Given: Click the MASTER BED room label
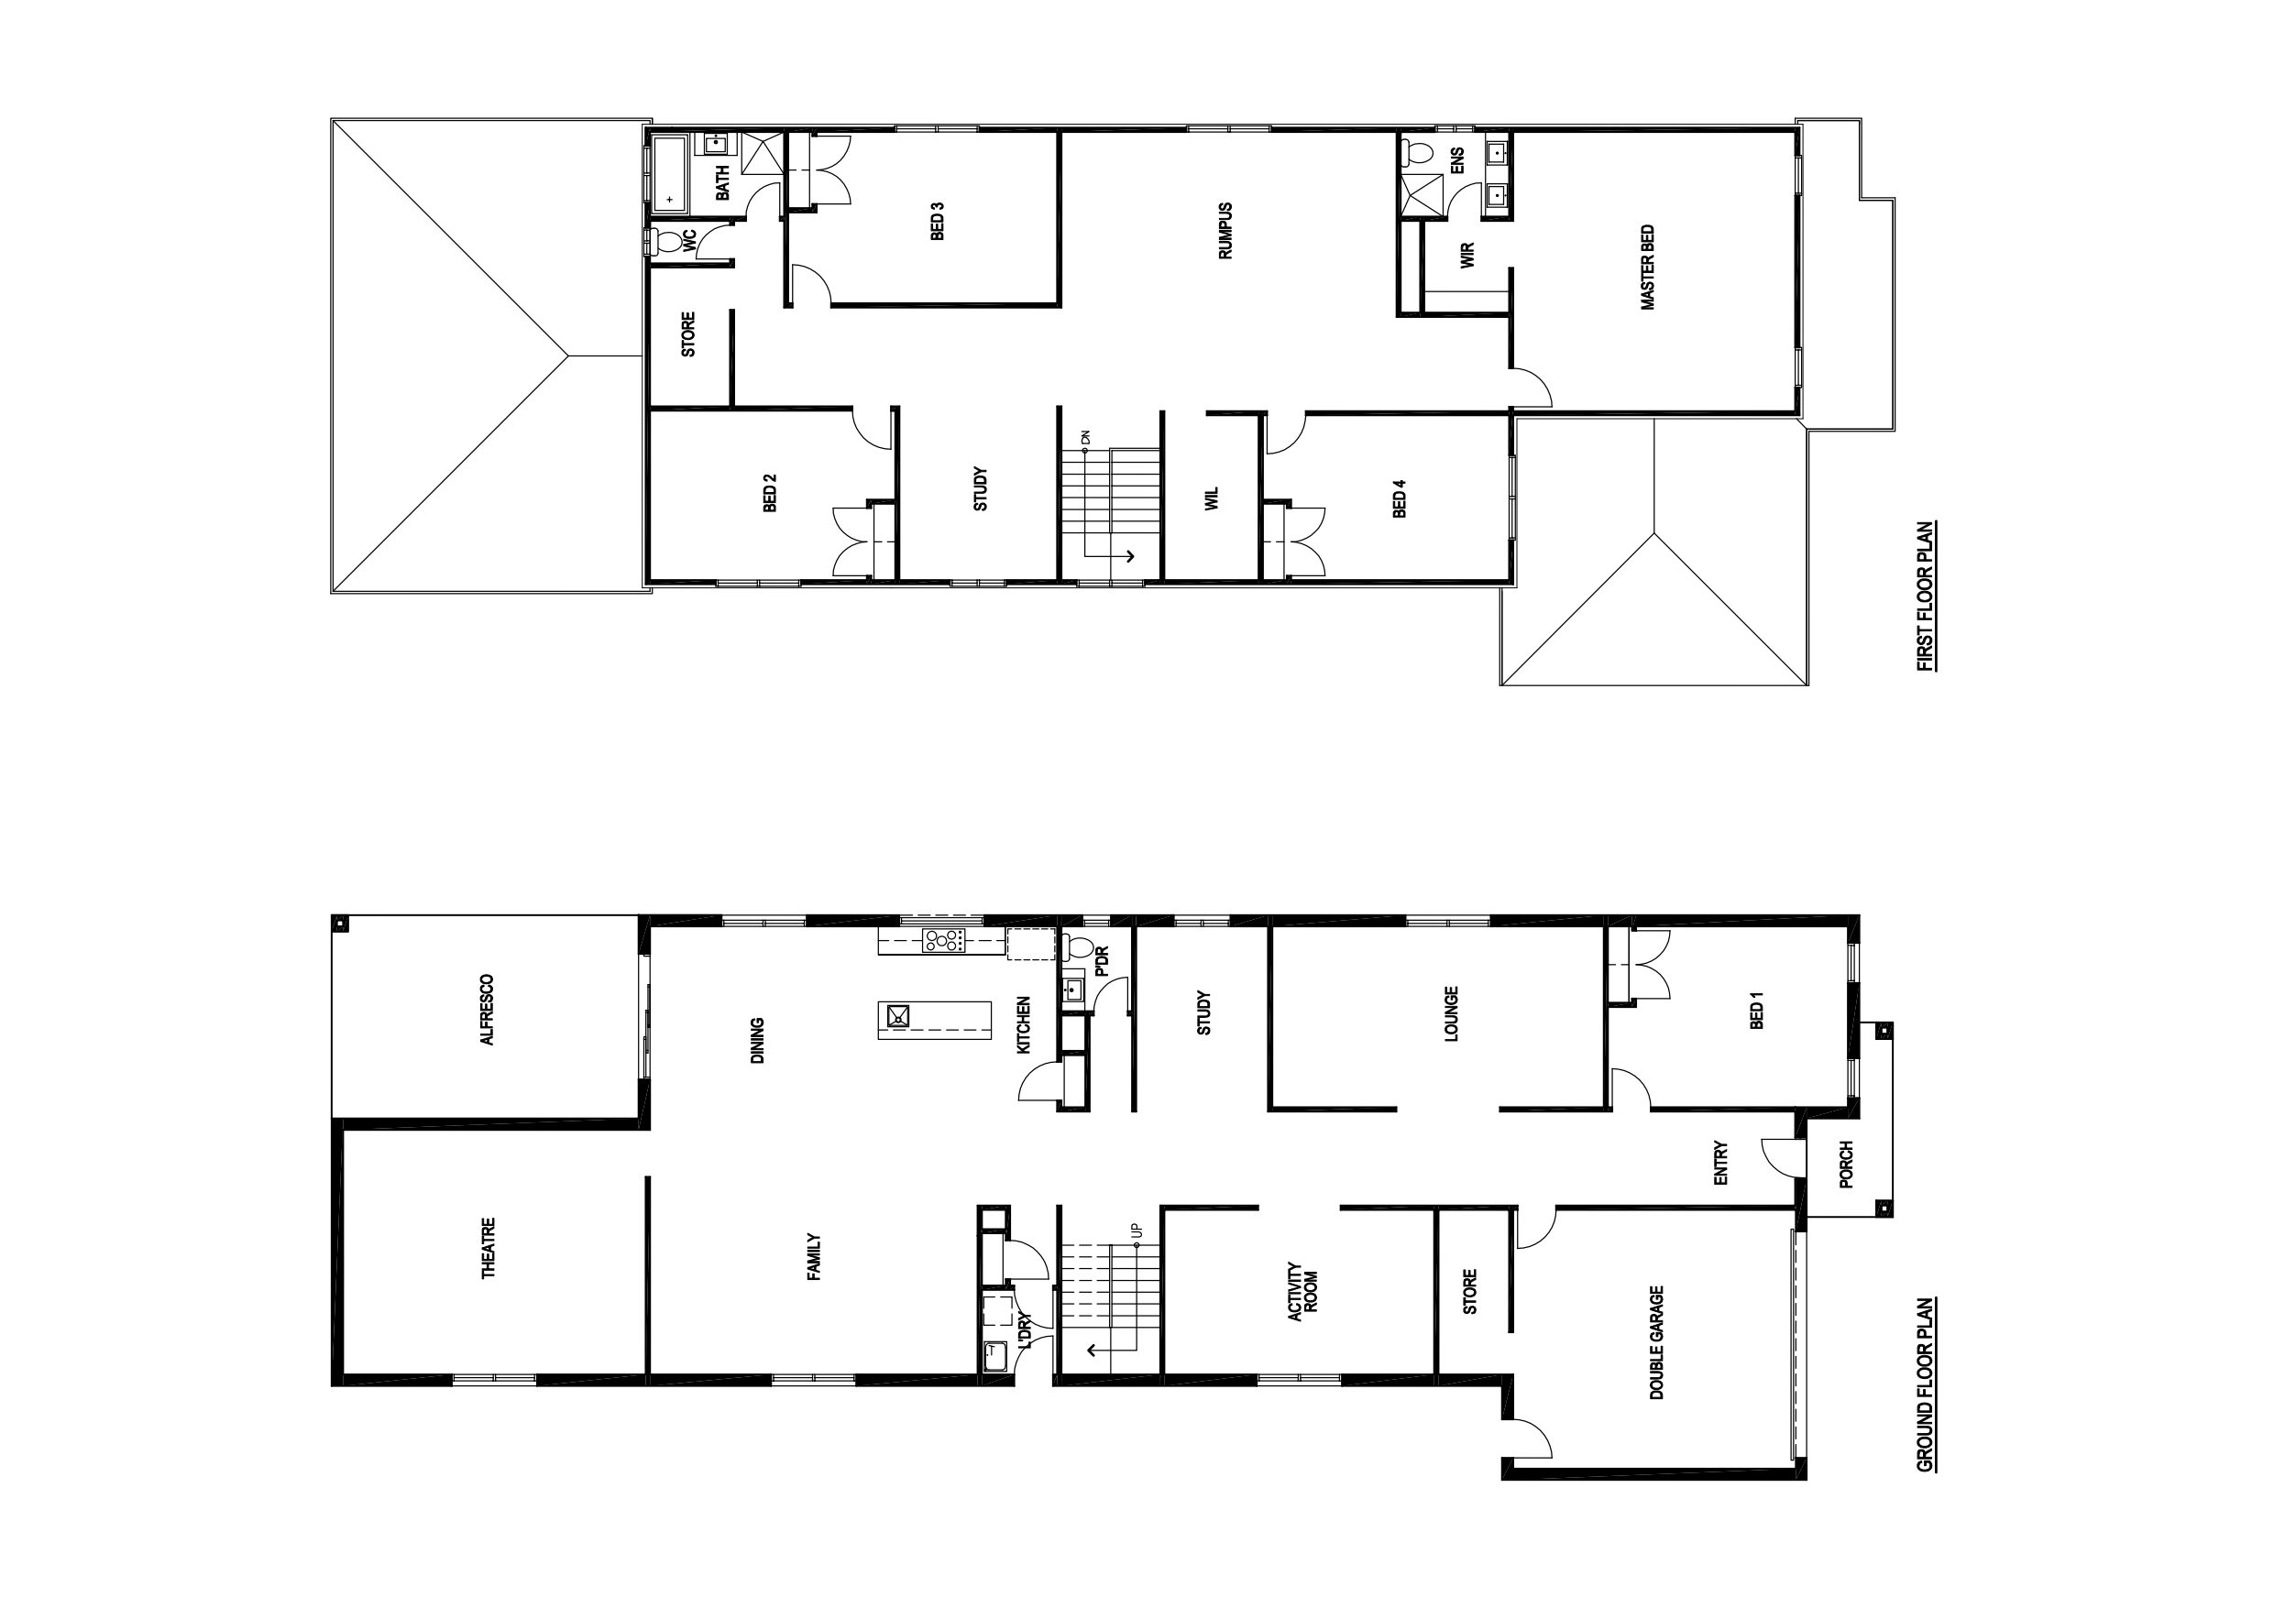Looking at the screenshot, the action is [1648, 268].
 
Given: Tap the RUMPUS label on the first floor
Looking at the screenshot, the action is [1225, 232].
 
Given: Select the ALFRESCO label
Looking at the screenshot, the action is [487, 1010].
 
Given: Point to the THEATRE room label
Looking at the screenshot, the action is [489, 1248].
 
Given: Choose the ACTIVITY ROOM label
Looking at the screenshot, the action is [1303, 1291].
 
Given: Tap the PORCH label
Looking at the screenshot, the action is [1845, 1165].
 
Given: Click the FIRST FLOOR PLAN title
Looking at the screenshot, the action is [1927, 596].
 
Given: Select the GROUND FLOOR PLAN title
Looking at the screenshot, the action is [1927, 1384].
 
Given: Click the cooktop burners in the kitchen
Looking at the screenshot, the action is [944, 941].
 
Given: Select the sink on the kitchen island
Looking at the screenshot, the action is [898, 1016].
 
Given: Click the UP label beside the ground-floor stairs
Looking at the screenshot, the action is [1137, 1231].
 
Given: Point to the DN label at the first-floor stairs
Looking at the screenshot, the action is [1085, 437].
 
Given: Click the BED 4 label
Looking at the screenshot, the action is [1400, 498].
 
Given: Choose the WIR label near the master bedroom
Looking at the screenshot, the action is [1467, 256].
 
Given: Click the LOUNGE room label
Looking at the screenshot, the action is [1451, 1014].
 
